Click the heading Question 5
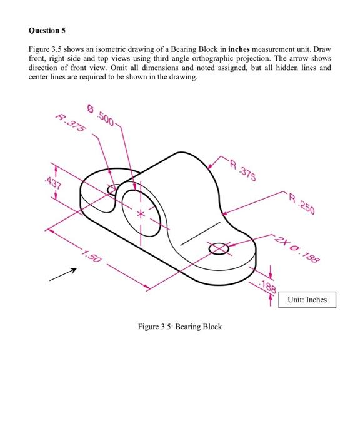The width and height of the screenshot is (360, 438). point(47,30)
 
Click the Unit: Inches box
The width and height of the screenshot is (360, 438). point(307,300)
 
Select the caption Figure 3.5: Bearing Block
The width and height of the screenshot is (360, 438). point(180,327)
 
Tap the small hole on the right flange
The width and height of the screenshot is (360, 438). point(219,248)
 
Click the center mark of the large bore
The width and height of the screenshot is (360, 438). point(140,213)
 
